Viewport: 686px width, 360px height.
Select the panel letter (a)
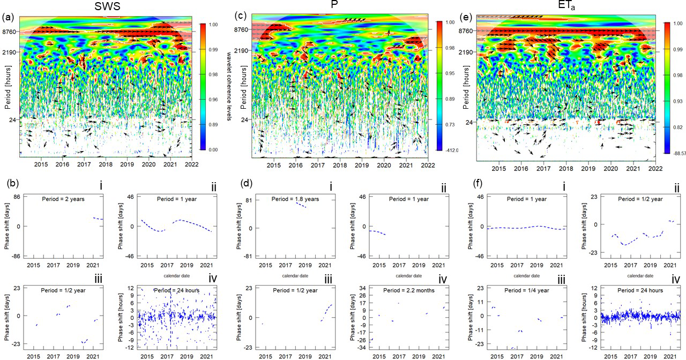[x=8, y=18]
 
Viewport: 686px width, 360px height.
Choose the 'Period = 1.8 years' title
[x=292, y=199]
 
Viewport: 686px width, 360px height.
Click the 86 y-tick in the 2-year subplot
[x=16, y=197]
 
